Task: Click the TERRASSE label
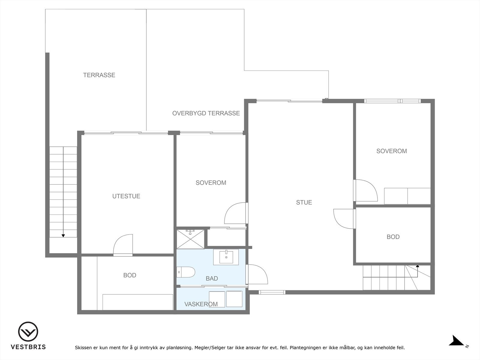(99, 75)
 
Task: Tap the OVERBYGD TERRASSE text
(206, 113)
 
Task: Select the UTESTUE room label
(126, 196)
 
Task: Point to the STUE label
(304, 202)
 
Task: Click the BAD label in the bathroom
(211, 279)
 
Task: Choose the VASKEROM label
(201, 304)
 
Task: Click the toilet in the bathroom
(186, 272)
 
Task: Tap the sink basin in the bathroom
(226, 257)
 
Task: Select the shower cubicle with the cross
(190, 239)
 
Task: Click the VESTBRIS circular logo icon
(28, 332)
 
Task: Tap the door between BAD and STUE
(257, 274)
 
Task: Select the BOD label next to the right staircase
(393, 237)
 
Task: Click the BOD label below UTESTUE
(130, 275)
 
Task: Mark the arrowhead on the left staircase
(63, 235)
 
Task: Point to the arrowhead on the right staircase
(417, 266)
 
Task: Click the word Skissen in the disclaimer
(83, 348)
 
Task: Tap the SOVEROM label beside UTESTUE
(211, 183)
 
